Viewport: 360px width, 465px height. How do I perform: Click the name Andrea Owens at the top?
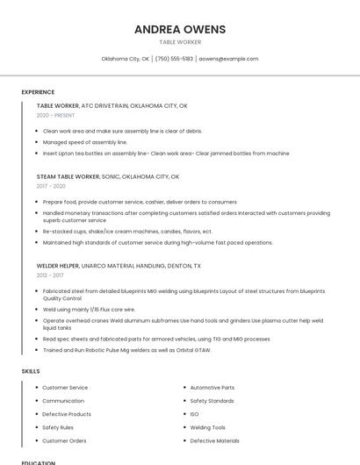pyautogui.click(x=179, y=29)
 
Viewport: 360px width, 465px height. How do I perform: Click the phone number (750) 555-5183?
pyautogui.click(x=174, y=59)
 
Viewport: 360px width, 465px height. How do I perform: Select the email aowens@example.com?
pyautogui.click(x=228, y=59)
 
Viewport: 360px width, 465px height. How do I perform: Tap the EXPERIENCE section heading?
pyautogui.click(x=38, y=92)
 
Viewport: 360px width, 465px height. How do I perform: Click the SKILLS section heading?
pyautogui.click(x=31, y=371)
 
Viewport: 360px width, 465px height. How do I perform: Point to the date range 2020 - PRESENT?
pyautogui.click(x=55, y=115)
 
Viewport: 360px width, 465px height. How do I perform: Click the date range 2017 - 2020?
pyautogui.click(x=51, y=186)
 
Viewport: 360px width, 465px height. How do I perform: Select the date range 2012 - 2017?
pyautogui.click(x=50, y=275)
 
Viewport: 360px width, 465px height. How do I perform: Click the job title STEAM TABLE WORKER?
pyautogui.click(x=68, y=176)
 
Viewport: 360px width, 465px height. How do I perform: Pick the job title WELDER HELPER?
pyautogui.click(x=58, y=265)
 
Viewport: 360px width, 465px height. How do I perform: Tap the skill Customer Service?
pyautogui.click(x=65, y=387)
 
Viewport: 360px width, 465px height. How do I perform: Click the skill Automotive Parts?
pyautogui.click(x=212, y=387)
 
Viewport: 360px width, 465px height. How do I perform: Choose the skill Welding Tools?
pyautogui.click(x=207, y=427)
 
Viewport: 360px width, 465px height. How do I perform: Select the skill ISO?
pyautogui.click(x=194, y=414)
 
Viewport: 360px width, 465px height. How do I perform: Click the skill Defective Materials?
pyautogui.click(x=214, y=440)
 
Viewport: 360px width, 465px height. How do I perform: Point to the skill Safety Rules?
pyautogui.click(x=58, y=427)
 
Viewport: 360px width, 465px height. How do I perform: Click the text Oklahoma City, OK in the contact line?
pyautogui.click(x=125, y=59)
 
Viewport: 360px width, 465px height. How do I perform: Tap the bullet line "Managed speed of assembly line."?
pyautogui.click(x=84, y=142)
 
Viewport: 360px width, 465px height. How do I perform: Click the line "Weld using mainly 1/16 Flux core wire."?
pyautogui.click(x=89, y=309)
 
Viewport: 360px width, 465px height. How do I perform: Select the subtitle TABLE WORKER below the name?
pyautogui.click(x=179, y=42)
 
